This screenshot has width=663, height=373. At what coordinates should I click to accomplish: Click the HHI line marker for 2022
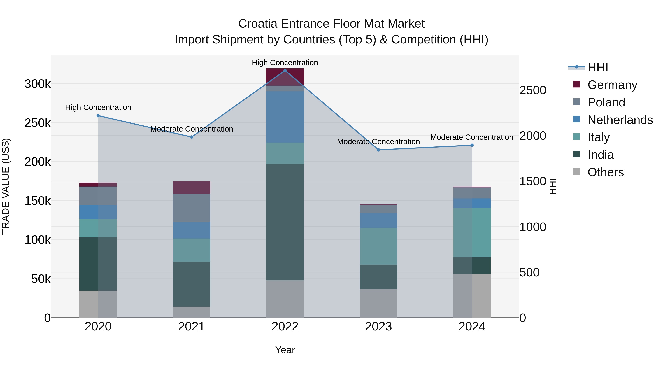click(285, 71)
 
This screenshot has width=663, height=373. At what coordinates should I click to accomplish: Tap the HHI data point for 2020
click(98, 116)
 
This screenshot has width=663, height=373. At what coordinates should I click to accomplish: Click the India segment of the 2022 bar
click(285, 222)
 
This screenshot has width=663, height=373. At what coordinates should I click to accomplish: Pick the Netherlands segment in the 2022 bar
click(285, 117)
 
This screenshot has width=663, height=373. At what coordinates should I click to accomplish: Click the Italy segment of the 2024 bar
click(472, 232)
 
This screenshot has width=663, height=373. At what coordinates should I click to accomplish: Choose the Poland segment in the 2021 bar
click(192, 208)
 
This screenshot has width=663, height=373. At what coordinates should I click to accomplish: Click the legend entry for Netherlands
click(620, 120)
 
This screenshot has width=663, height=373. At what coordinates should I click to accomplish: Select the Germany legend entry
click(612, 85)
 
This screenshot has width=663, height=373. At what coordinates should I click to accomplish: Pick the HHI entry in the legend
click(598, 67)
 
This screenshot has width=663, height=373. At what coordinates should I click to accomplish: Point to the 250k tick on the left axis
click(38, 123)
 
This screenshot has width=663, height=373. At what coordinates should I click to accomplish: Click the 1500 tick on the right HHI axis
click(532, 181)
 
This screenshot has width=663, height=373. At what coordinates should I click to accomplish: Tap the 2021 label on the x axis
click(192, 327)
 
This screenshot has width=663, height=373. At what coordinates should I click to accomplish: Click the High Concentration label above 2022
click(285, 63)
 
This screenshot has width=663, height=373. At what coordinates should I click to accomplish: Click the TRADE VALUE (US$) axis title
click(6, 186)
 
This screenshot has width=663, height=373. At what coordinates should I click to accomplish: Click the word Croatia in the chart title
click(258, 24)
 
